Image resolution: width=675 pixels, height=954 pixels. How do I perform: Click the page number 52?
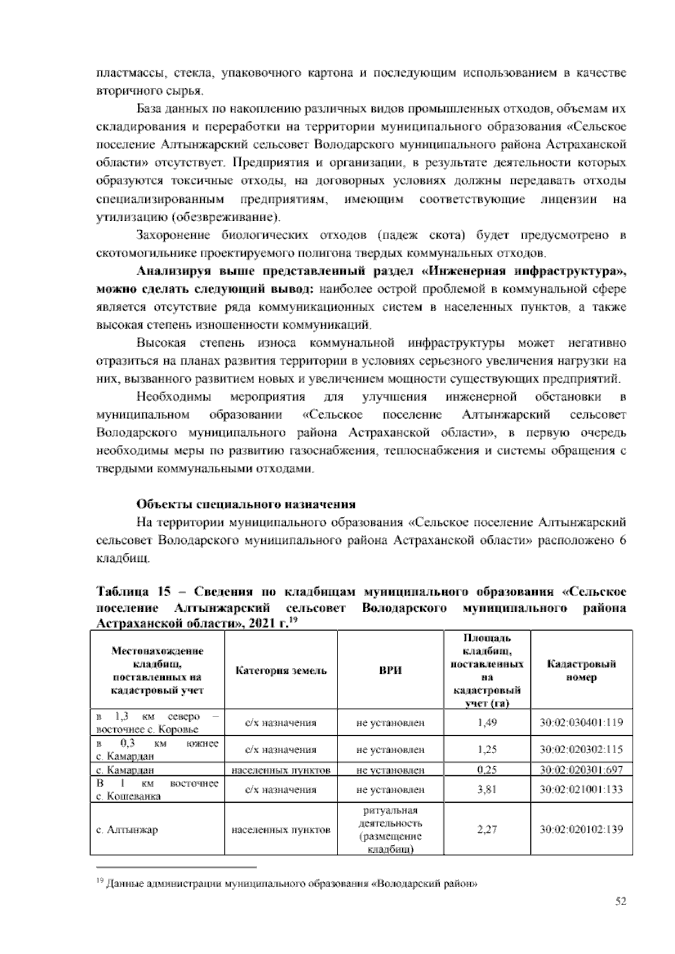(620, 901)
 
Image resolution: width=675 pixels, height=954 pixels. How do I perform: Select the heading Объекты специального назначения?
(246, 504)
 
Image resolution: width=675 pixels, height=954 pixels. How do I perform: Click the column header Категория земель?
(281, 670)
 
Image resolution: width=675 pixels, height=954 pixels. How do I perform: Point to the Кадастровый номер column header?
(582, 670)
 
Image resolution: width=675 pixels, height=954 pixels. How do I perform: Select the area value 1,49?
(487, 723)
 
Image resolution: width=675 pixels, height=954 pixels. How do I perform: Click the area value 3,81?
(487, 790)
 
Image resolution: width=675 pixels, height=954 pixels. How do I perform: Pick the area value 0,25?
(487, 770)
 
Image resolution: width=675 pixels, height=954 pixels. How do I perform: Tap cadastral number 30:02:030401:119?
(582, 723)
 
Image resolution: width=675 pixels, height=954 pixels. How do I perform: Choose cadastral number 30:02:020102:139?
(582, 830)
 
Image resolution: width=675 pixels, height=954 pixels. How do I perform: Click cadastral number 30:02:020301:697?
(582, 770)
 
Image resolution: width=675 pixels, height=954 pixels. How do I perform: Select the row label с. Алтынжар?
(127, 830)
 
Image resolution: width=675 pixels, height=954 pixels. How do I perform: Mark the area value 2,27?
(487, 830)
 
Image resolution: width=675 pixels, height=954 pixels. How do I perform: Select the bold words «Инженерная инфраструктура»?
(524, 271)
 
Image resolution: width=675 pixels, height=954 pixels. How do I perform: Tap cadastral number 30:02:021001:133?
(582, 790)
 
